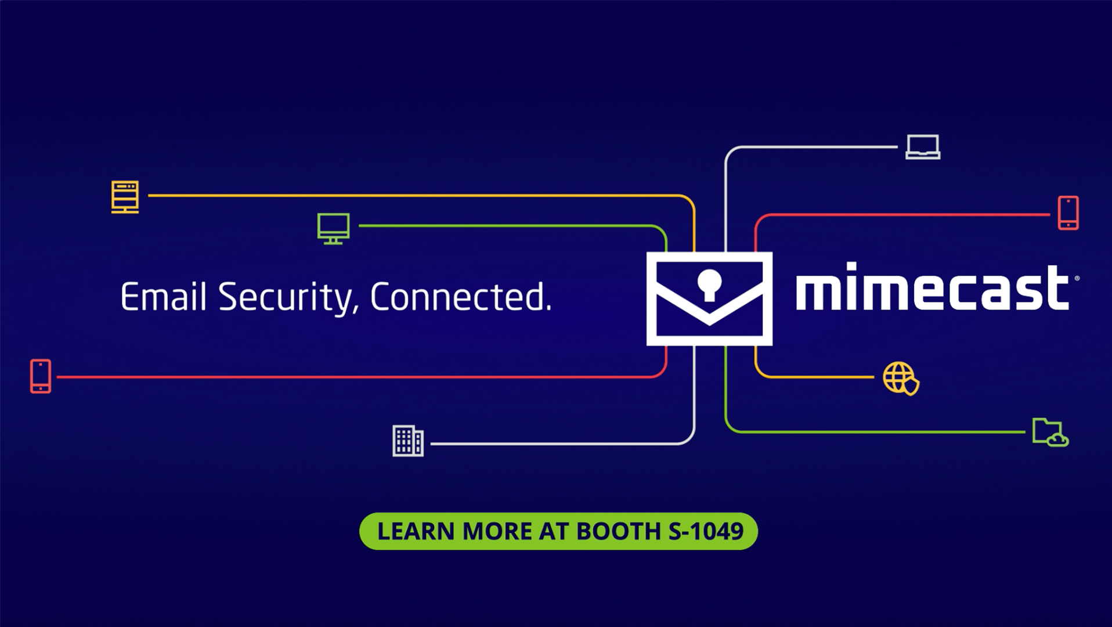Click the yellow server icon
[125, 196]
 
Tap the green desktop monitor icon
[333, 228]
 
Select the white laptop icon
[923, 147]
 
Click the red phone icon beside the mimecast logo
[1068, 213]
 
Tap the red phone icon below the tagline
[41, 376]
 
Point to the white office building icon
[408, 441]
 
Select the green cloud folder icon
[1050, 433]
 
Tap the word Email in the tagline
[163, 297]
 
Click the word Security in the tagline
[285, 298]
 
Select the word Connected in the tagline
[460, 297]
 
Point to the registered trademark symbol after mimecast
[1077, 279]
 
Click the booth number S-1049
[706, 531]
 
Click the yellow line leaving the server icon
[406, 196]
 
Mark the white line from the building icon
[557, 444]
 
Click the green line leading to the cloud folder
[871, 432]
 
